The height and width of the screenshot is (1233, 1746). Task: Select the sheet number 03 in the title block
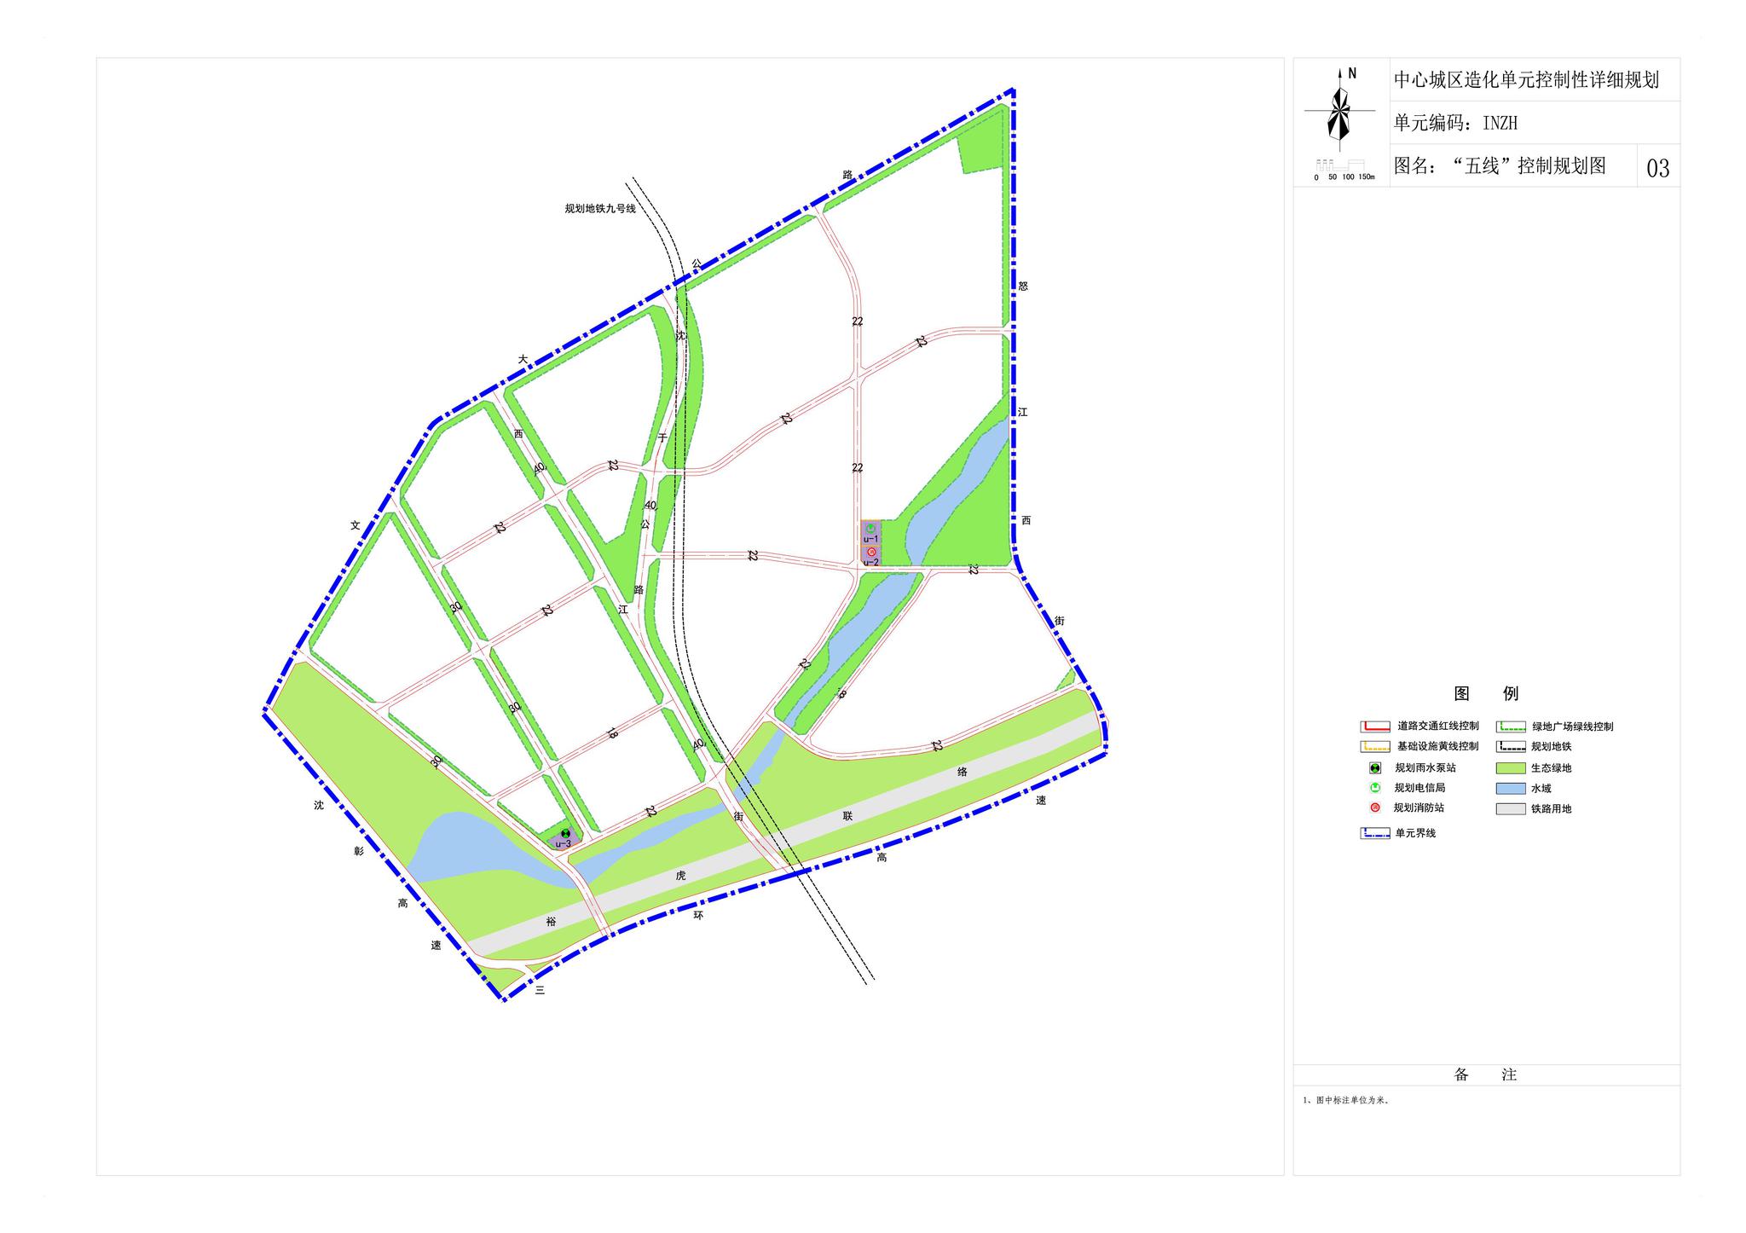[1657, 168]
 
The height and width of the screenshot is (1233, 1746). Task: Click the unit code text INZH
[1500, 124]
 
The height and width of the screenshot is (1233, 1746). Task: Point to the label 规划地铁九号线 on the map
[600, 208]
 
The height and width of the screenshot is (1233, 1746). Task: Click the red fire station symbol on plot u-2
[871, 553]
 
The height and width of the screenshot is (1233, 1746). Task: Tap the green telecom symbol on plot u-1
[870, 529]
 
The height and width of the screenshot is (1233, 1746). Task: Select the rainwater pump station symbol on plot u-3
[565, 833]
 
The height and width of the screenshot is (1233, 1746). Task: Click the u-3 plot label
[563, 844]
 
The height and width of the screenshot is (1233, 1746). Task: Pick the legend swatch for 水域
[1510, 789]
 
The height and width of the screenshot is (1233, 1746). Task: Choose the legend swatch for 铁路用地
[1510, 808]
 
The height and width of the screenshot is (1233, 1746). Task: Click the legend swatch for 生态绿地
[1510, 768]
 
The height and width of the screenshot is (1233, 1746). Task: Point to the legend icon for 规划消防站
[1375, 808]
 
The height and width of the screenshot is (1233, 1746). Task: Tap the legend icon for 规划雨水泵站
[1375, 767]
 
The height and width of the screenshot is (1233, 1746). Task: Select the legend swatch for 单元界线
[1374, 833]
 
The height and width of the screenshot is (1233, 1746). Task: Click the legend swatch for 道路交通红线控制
[1374, 726]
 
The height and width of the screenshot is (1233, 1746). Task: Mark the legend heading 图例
[1486, 693]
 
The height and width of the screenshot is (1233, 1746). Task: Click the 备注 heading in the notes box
[1485, 1075]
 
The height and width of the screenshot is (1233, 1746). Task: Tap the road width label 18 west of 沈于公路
[611, 732]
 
